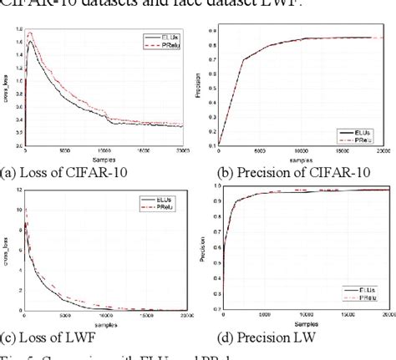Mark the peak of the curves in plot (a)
point(31,37)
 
